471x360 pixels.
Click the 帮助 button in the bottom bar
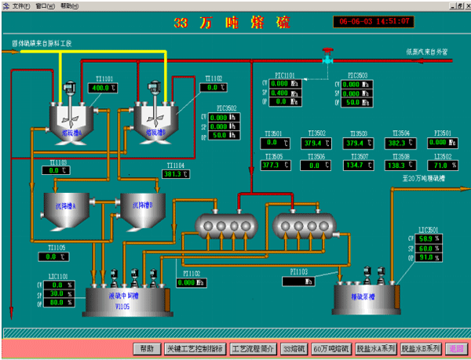click(x=147, y=348)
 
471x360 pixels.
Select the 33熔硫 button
click(x=294, y=348)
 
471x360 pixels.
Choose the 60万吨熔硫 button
click(x=330, y=348)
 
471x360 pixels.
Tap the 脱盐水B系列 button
click(x=422, y=348)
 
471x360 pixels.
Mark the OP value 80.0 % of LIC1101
click(x=57, y=302)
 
